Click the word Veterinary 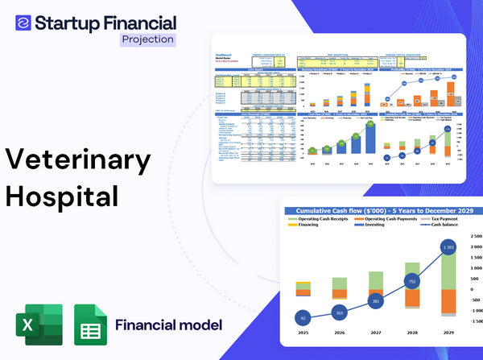pos(79,159)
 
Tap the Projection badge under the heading pos(147,39)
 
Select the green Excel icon pos(37,325)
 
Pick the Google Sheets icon pos(89,325)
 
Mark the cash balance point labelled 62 pos(302,319)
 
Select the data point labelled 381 pos(376,301)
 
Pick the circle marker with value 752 pos(412,282)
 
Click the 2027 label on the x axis pos(376,332)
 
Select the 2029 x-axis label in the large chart pos(448,332)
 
